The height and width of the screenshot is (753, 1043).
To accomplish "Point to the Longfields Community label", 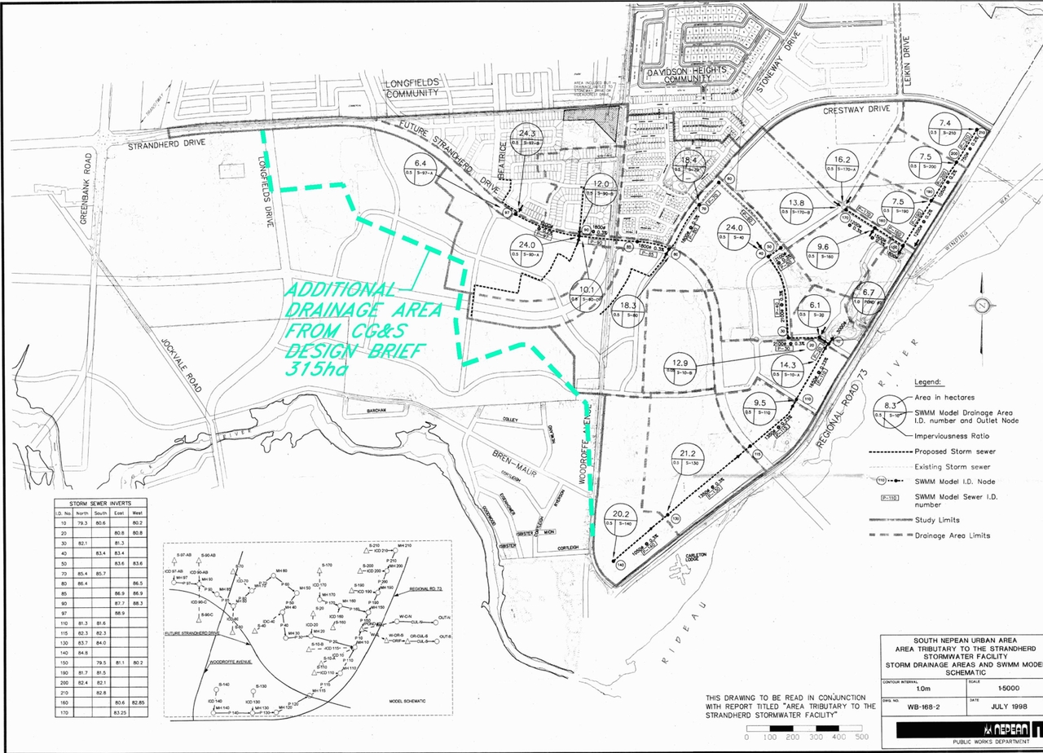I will pos(412,87).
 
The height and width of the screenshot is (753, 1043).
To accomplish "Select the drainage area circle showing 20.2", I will pos(622,522).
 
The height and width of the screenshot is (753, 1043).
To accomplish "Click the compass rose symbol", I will pos(982,305).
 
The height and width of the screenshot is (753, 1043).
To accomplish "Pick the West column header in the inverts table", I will pos(138,513).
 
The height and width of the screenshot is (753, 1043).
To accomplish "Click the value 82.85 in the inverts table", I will pos(138,702).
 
